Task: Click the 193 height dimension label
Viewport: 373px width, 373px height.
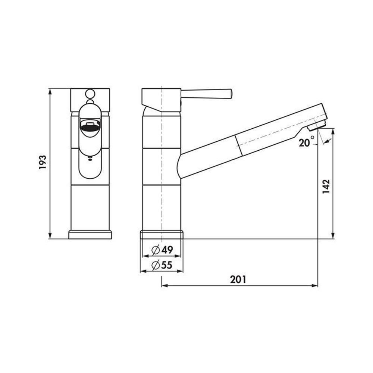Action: pos(43,162)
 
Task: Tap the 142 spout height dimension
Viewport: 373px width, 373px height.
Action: pos(326,186)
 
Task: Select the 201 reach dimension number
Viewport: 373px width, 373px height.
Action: pos(238,279)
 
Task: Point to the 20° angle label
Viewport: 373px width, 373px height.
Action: pos(306,141)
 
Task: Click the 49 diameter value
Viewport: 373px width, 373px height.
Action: pos(167,250)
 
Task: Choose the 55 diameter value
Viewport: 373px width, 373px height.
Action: pos(166,265)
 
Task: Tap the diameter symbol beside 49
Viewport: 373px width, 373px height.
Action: pos(156,250)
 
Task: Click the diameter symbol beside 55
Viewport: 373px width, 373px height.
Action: pos(156,265)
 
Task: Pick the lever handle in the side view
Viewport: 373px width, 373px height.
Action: pos(206,94)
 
